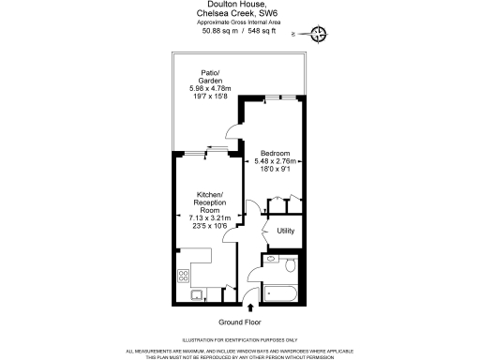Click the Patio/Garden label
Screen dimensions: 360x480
click(x=210, y=76)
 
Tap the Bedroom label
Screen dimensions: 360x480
click(x=275, y=153)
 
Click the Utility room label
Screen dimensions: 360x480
click(x=286, y=231)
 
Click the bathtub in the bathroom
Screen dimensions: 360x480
click(x=282, y=292)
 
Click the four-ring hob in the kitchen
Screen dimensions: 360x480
click(x=184, y=277)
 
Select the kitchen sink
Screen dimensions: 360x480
click(x=198, y=295)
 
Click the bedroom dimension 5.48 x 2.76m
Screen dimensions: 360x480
click(x=275, y=161)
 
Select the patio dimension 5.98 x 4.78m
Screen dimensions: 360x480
click(x=210, y=89)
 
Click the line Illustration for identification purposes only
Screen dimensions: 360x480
click(x=239, y=339)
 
